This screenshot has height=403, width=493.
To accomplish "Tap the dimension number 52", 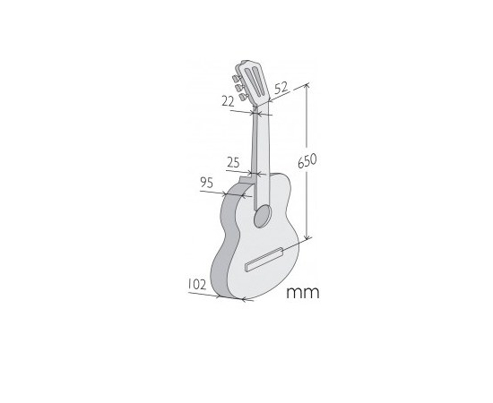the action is point(281,88).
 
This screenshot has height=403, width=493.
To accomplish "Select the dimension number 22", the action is point(229,101).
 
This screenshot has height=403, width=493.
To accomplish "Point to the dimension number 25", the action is point(233,162).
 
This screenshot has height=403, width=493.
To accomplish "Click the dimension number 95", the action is point(207,183).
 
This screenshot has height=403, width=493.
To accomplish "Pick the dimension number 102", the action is point(197,284).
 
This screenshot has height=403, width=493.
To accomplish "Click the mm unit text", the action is point(303,293).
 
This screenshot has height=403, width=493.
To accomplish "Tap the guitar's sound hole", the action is point(263,216).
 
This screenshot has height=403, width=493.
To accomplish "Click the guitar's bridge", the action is point(264,259).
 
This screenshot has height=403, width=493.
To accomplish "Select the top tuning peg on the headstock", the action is point(235,78).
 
